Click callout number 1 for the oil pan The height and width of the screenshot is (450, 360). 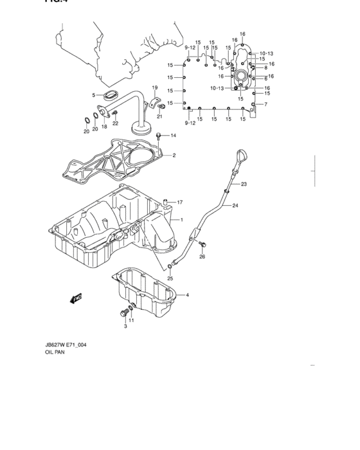[182, 221]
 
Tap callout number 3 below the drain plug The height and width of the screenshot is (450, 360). [125, 327]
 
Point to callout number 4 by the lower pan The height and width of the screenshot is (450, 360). [187, 295]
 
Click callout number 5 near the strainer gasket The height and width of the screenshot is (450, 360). [93, 95]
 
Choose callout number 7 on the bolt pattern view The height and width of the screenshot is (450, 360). [265, 104]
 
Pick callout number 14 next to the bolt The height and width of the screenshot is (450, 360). [173, 136]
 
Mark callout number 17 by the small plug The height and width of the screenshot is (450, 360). [180, 202]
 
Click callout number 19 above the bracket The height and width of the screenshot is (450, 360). [154, 87]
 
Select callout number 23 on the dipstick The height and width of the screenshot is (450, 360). [244, 184]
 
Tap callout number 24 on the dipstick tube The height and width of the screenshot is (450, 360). [235, 206]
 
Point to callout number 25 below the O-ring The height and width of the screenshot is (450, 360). [170, 278]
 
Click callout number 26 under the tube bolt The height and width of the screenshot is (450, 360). [201, 257]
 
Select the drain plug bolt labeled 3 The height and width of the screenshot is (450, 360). [122, 313]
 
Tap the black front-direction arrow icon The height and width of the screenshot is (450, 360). [77, 298]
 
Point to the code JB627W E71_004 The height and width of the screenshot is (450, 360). [66, 345]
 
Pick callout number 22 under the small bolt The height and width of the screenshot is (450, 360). [115, 123]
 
